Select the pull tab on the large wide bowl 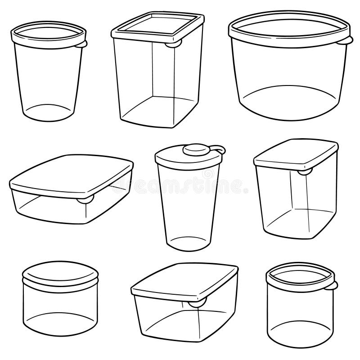[347, 42]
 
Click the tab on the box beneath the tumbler [196, 303]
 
